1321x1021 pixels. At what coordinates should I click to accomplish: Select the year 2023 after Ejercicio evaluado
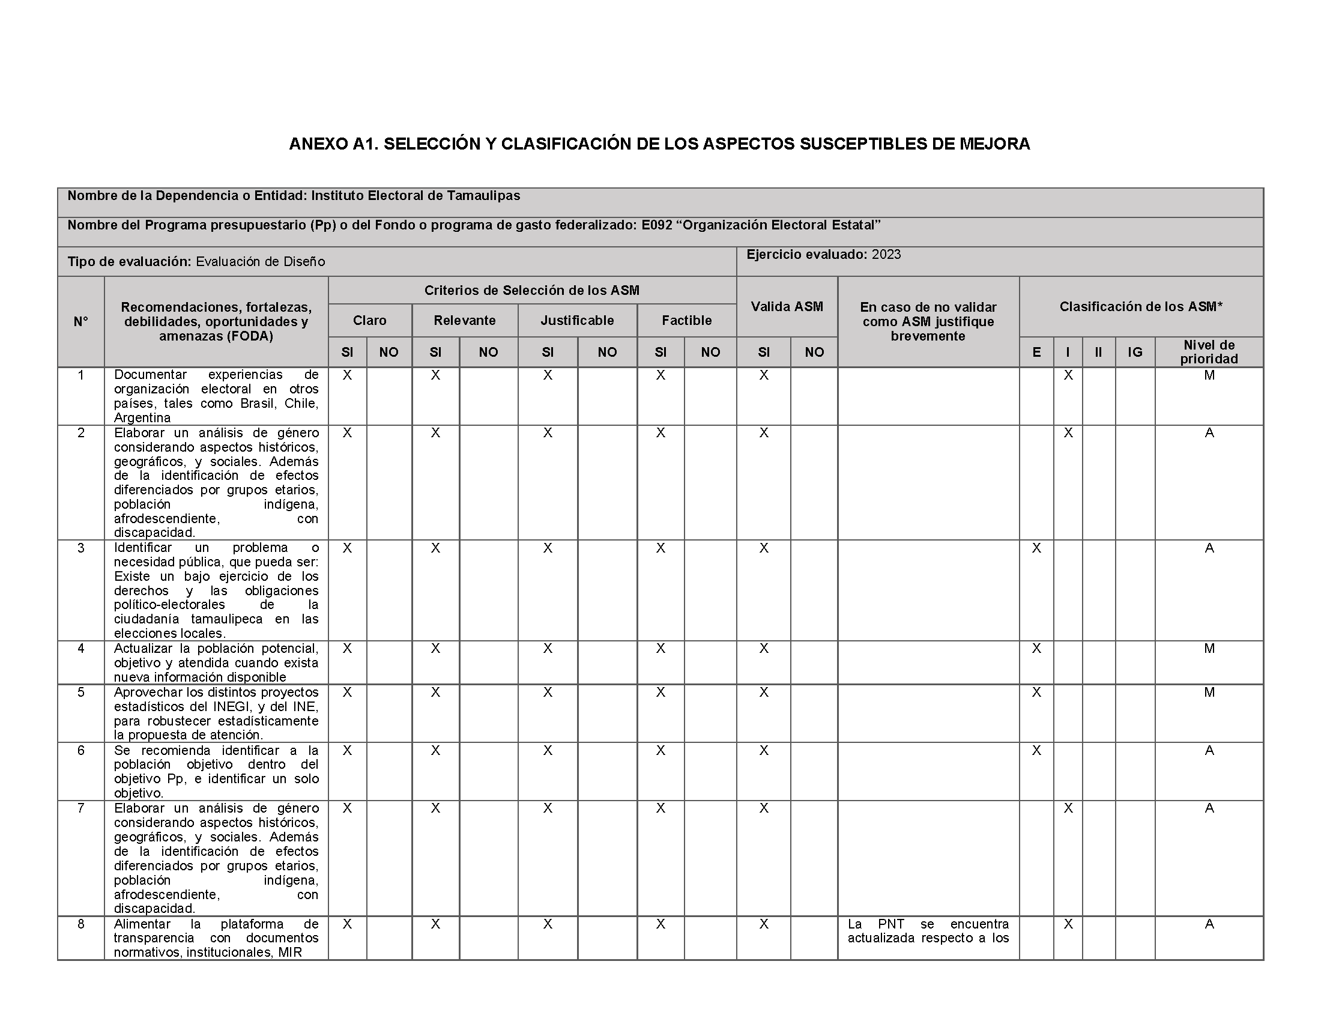click(x=886, y=255)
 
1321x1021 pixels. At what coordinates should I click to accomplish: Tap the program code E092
click(x=657, y=226)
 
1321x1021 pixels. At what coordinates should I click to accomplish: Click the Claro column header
click(x=369, y=321)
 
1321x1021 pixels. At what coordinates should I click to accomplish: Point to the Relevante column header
click(x=465, y=321)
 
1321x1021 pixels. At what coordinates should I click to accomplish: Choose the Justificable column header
click(x=577, y=321)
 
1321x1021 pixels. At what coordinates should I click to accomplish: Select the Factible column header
click(x=686, y=321)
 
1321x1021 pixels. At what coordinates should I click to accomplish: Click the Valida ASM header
click(x=787, y=307)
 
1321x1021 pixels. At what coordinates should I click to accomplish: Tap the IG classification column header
click(x=1135, y=353)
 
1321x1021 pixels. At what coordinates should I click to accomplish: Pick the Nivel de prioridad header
click(x=1209, y=352)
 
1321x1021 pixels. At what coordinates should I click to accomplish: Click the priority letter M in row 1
click(x=1209, y=375)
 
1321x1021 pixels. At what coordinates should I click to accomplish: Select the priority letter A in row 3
click(x=1209, y=548)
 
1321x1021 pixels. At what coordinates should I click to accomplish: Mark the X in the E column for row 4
click(x=1037, y=649)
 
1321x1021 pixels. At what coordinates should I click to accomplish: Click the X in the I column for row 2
click(x=1068, y=433)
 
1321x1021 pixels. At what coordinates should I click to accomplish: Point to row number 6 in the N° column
click(x=81, y=751)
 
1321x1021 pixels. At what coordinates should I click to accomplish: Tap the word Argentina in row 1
click(x=142, y=418)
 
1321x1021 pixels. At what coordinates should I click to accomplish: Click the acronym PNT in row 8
click(x=891, y=924)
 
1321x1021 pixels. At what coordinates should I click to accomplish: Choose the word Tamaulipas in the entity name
click(x=483, y=196)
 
